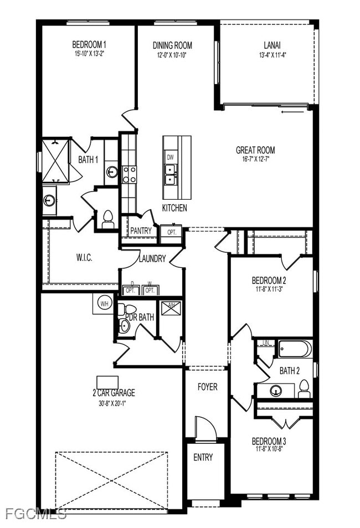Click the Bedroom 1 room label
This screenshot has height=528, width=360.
pos(89,44)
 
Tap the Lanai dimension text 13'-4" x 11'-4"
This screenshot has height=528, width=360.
pos(269,55)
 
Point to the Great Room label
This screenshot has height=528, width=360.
pos(255,150)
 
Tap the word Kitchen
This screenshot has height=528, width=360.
pos(174,208)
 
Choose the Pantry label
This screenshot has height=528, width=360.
pos(141,231)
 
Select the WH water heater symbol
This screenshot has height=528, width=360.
pos(104,303)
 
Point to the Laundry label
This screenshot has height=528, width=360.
pos(152,258)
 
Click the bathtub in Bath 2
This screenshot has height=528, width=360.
pos(295,349)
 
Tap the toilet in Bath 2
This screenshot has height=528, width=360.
pos(304,389)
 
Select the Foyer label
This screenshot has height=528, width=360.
pos(208,387)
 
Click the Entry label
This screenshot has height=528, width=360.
pos(203,458)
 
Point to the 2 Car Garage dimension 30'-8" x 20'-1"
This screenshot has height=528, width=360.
pos(113,402)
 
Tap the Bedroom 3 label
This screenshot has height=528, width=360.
pos(269,441)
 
